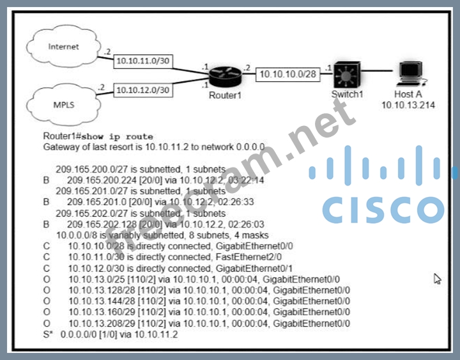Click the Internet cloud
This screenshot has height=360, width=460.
tap(64, 48)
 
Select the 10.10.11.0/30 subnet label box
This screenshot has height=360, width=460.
tap(142, 62)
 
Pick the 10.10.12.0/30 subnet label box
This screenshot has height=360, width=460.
tap(142, 90)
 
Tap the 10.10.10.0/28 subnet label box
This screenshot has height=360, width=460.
tap(287, 75)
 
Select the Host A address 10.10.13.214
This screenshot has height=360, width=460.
tap(408, 105)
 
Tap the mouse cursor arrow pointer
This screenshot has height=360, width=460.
tap(438, 279)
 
